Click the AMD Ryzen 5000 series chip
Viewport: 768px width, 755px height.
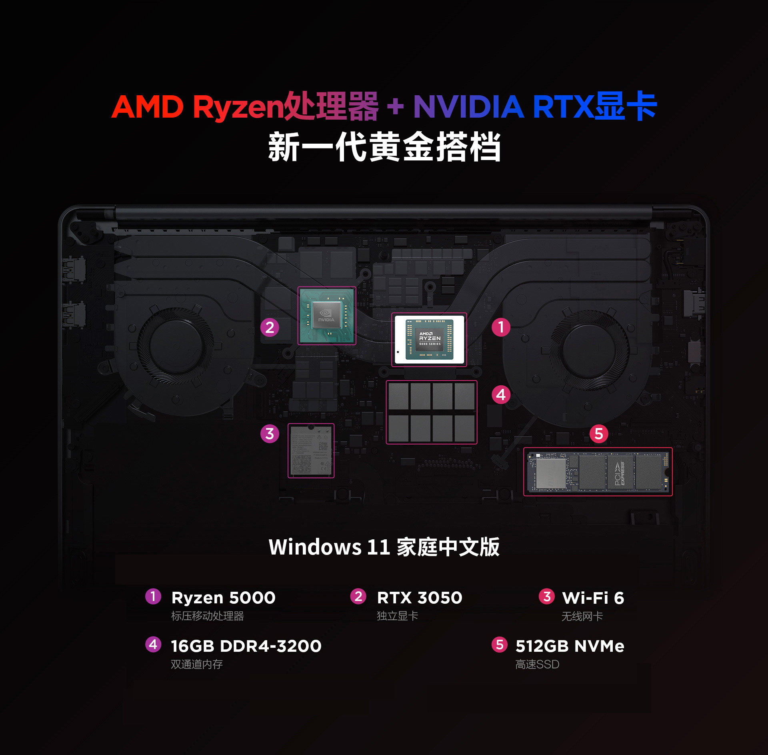(x=429, y=339)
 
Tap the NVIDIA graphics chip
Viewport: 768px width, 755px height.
(x=326, y=315)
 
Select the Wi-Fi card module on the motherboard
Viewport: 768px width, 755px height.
(x=311, y=451)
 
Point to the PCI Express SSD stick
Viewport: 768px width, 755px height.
(x=598, y=472)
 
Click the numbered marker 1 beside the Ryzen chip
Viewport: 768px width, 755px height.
(x=501, y=327)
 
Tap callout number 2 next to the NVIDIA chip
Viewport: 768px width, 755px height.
(x=270, y=327)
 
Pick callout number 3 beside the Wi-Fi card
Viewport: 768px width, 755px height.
(x=270, y=433)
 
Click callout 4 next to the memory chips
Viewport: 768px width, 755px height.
(x=501, y=395)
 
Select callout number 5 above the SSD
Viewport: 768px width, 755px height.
(x=598, y=434)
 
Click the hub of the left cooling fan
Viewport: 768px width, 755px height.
(x=176, y=346)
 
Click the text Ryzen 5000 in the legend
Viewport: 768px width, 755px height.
(x=223, y=598)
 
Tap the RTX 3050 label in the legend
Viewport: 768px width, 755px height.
(x=419, y=598)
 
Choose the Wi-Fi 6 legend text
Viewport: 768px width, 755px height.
(x=593, y=598)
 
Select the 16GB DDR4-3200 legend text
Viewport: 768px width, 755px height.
(x=246, y=646)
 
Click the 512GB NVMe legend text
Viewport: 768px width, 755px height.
(x=570, y=646)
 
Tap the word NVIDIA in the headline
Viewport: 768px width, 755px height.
(x=468, y=107)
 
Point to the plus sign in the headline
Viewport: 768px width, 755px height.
(x=395, y=107)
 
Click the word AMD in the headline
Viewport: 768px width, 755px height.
(x=147, y=107)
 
